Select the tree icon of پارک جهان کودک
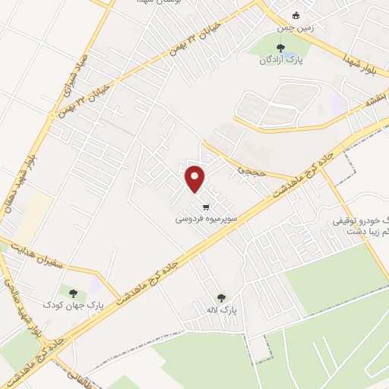tap(74, 292)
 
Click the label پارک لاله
tap(224, 311)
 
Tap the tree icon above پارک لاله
tap(221, 298)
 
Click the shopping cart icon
tap(205, 206)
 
